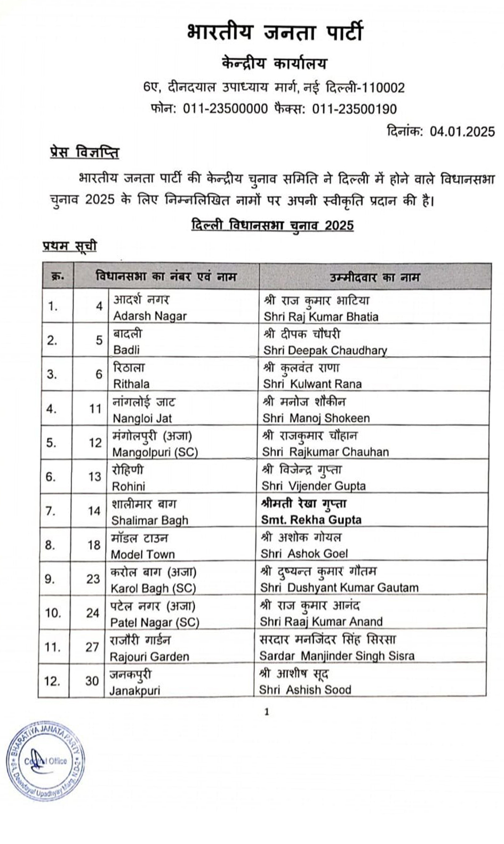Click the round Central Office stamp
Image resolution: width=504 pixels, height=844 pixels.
click(x=45, y=760)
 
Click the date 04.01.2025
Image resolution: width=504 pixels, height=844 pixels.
click(x=462, y=131)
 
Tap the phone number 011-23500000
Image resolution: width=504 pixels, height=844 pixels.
click(x=225, y=109)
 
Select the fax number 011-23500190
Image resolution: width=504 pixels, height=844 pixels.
click(x=354, y=109)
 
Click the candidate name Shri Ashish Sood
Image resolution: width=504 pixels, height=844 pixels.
click(x=305, y=689)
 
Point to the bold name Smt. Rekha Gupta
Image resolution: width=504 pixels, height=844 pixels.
click(x=311, y=520)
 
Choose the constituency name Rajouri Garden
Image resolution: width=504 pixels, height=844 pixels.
click(x=149, y=656)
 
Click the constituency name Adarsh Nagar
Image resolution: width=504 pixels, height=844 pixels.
click(x=150, y=316)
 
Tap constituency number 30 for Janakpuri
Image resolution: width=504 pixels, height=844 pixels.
click(x=92, y=681)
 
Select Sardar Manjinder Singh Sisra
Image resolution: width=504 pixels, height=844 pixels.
click(x=337, y=656)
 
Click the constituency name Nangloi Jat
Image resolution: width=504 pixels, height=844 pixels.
click(x=142, y=418)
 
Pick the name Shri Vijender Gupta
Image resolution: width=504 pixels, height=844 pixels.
click(x=313, y=486)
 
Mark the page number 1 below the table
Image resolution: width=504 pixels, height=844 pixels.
click(x=267, y=712)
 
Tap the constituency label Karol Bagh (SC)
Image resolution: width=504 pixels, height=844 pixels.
click(x=153, y=588)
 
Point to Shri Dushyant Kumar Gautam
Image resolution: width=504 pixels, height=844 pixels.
click(x=339, y=588)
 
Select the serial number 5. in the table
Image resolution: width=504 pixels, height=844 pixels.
click(x=51, y=443)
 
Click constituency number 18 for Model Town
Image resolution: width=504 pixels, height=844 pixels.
click(x=94, y=545)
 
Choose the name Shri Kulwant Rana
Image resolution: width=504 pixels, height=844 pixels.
click(x=312, y=384)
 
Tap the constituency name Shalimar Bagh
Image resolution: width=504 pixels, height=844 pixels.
click(x=149, y=520)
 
